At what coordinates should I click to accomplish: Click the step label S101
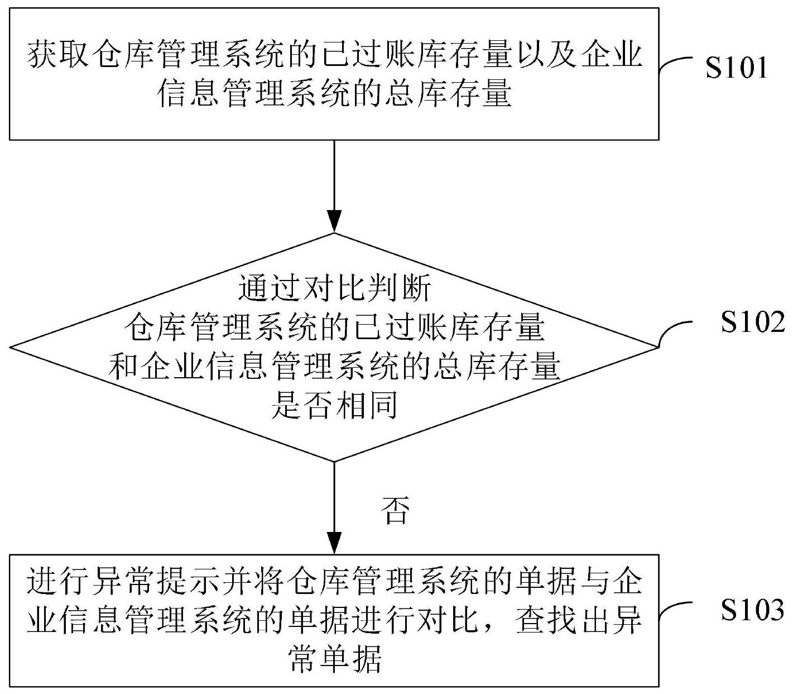tap(736, 68)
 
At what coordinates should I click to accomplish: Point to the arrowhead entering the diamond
tap(334, 221)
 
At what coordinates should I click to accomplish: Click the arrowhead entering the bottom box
tap(334, 543)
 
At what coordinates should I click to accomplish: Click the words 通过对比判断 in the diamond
tap(334, 289)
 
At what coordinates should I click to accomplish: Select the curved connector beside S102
tap(675, 334)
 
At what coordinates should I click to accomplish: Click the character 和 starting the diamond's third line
tap(123, 366)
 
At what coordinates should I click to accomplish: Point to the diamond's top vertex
tap(334, 233)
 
